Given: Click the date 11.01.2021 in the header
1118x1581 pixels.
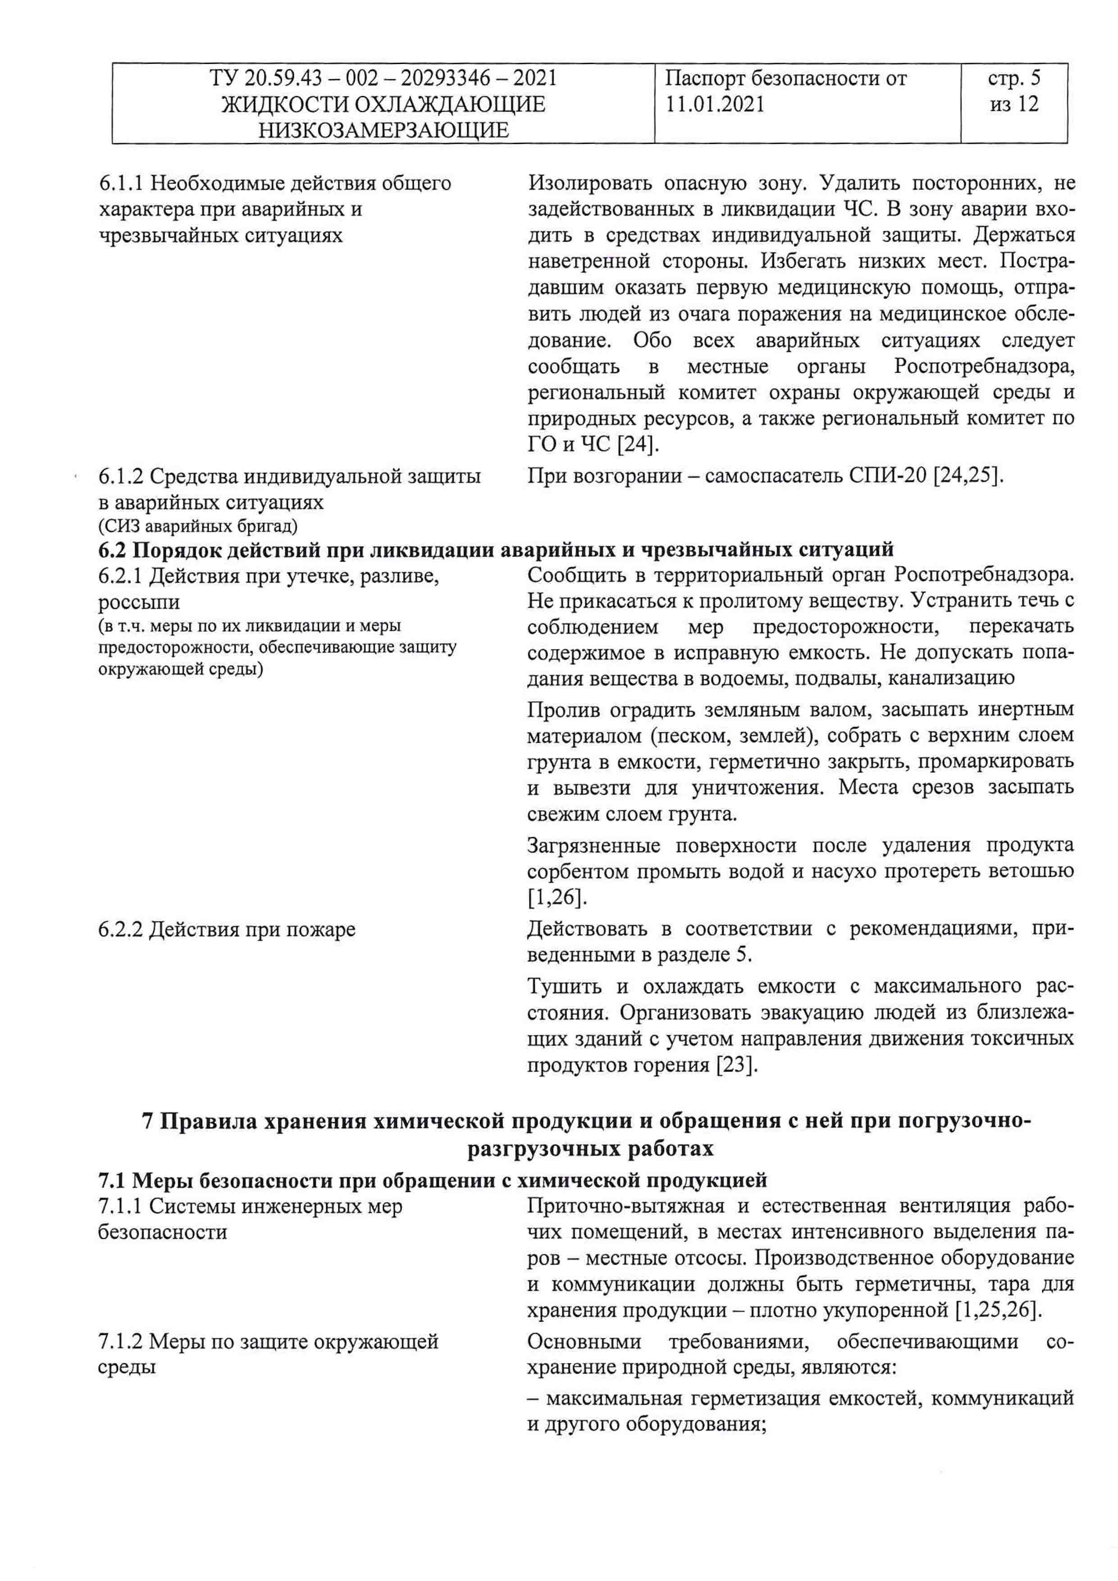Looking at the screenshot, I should click(x=715, y=104).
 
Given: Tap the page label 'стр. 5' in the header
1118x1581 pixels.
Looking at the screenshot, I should click(x=1013, y=78).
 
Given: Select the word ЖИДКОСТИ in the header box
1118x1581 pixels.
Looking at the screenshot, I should click(x=285, y=104).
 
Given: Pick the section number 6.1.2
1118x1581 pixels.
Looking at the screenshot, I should click(x=121, y=476).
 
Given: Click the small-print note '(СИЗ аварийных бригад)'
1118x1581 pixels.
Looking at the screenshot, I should click(x=197, y=527).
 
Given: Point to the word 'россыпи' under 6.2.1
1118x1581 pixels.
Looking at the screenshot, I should click(x=139, y=603).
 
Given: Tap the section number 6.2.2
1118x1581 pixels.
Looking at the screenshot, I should click(x=121, y=930).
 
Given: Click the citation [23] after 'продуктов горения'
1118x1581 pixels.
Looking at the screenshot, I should click(x=737, y=1065).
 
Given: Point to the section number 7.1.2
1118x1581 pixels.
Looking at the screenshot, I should click(x=121, y=1341).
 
